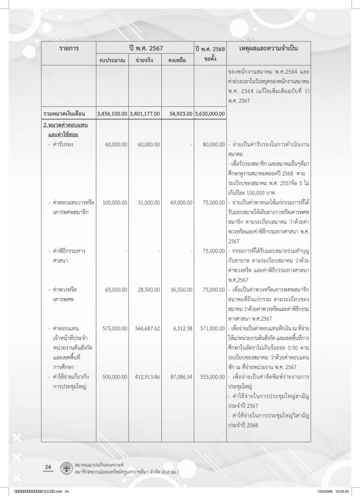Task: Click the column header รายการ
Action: [69, 49]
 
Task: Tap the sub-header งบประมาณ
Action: [112, 60]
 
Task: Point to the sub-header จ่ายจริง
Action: [144, 60]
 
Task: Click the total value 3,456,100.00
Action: [112, 113]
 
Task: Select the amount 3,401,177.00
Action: [144, 113]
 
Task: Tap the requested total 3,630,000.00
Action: [210, 113]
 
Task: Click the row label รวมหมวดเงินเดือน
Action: [67, 113]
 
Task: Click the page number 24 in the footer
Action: [48, 467]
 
